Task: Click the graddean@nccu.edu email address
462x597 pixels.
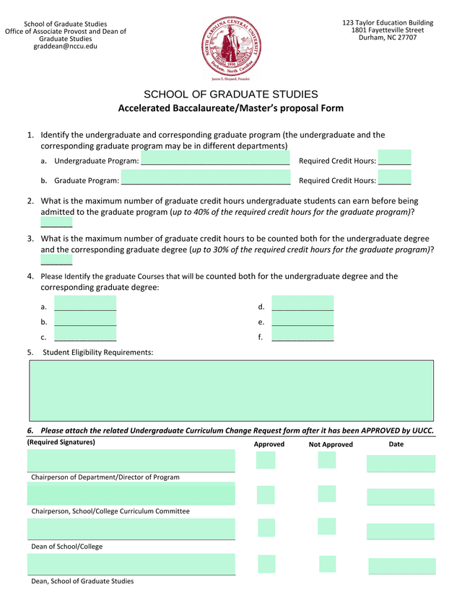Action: (x=65, y=46)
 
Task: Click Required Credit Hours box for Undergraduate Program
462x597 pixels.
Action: (x=394, y=159)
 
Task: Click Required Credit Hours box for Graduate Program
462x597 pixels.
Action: (x=394, y=178)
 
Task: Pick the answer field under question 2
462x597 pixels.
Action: (x=56, y=221)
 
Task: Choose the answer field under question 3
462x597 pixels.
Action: (x=56, y=259)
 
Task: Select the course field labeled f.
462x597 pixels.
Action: (x=302, y=335)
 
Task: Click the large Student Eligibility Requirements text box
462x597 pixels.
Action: (x=231, y=390)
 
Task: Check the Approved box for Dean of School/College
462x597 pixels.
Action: (x=266, y=528)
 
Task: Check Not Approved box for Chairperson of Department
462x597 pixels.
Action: (x=327, y=460)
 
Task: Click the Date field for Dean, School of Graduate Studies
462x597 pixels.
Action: (x=401, y=566)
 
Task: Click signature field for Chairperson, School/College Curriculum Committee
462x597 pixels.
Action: (x=131, y=494)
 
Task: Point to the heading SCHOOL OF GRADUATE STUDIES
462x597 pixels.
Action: (x=231, y=94)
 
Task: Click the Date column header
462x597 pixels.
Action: (x=396, y=444)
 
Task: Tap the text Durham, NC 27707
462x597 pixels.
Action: (x=388, y=38)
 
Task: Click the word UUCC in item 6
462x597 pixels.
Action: (x=422, y=430)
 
